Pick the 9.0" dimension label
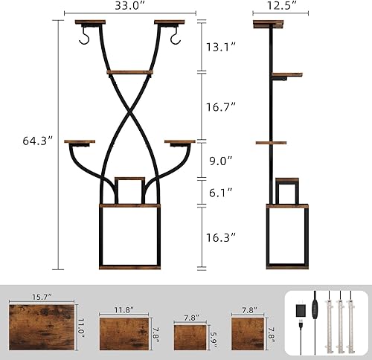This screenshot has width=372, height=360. (219, 159)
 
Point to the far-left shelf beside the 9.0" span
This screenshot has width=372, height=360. (80, 141)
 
